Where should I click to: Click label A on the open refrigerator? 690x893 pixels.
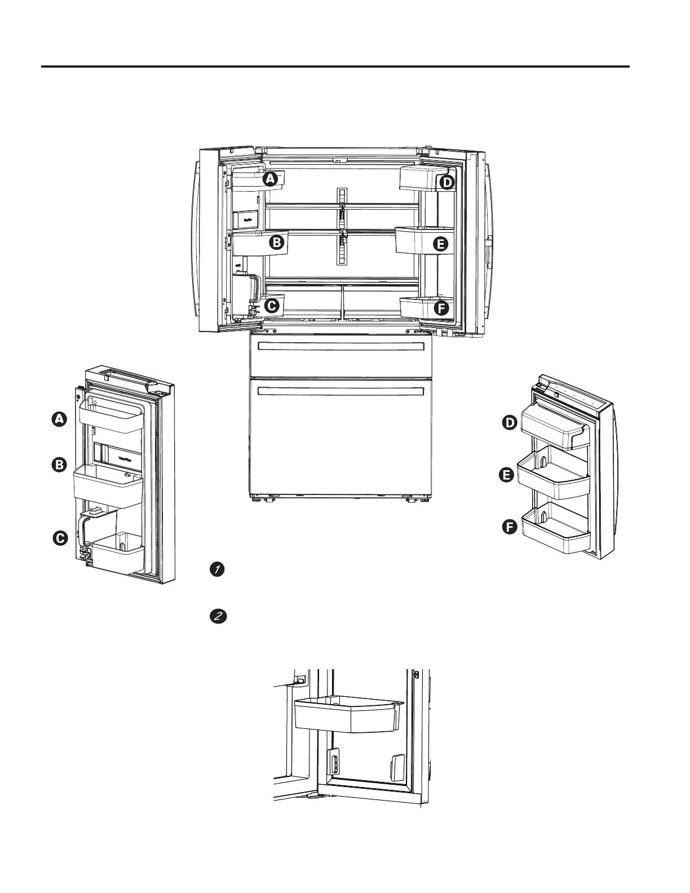[x=271, y=179]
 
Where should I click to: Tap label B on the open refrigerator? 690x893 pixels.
[x=276, y=243]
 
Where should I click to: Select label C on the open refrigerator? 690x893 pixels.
[x=271, y=306]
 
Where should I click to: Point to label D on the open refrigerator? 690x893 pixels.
[x=446, y=183]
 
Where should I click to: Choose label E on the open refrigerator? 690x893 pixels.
[x=441, y=244]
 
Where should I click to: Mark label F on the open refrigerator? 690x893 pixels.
[x=441, y=308]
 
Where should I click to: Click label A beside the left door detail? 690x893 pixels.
[x=59, y=419]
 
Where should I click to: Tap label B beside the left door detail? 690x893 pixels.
[x=59, y=465]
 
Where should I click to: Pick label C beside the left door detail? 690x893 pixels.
[x=60, y=538]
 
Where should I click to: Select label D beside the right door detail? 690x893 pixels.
[x=510, y=423]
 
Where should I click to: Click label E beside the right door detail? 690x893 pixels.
[x=506, y=476]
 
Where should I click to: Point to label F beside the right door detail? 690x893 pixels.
[x=510, y=528]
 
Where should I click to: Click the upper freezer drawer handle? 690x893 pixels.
[x=339, y=346]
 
